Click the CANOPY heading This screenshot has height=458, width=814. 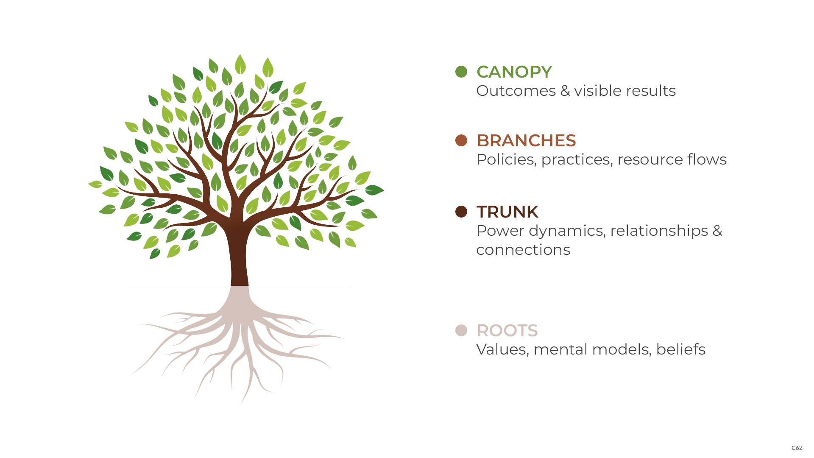click(514, 72)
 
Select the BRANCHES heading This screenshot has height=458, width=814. click(526, 140)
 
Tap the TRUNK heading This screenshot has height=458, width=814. click(507, 212)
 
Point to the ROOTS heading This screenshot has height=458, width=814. click(507, 330)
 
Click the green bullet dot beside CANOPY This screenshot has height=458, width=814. click(461, 72)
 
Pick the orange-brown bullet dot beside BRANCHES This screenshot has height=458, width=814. click(461, 140)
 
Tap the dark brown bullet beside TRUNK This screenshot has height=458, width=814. click(461, 212)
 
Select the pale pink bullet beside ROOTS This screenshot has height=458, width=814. click(461, 330)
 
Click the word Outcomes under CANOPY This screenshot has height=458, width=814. click(516, 91)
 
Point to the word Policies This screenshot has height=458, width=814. click(506, 159)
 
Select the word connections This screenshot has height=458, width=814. click(523, 250)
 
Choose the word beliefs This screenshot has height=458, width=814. click(680, 349)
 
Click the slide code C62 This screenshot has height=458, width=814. click(797, 448)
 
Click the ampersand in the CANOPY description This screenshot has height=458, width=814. click(565, 91)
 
